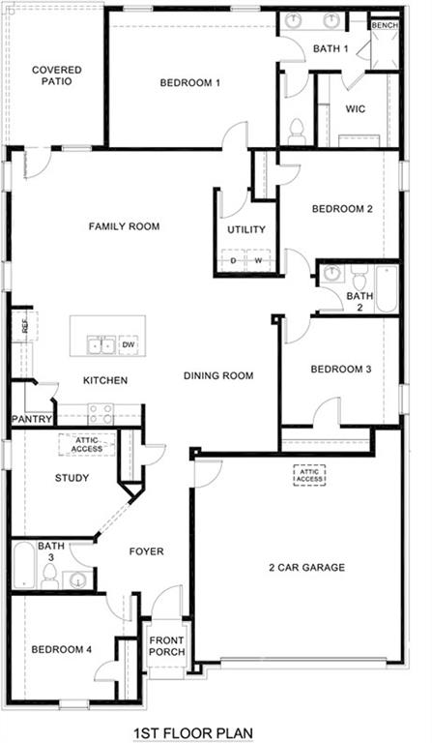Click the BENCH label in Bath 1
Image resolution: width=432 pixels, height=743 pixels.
384,25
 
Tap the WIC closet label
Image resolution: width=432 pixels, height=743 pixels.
356,109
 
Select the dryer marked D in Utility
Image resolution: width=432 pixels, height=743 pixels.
233,260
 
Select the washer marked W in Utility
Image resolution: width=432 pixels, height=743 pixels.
258,260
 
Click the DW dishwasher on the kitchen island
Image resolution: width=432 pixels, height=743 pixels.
129,344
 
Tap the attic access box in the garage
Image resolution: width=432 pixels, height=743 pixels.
309,474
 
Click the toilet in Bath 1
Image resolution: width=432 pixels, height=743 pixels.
297,129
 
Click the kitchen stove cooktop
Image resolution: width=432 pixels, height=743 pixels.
101,413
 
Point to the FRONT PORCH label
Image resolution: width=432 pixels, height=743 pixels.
166,645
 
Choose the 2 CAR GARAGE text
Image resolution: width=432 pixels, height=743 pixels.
306,568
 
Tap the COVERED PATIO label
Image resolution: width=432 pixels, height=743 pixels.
56,75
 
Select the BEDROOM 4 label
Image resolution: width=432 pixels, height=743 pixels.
61,649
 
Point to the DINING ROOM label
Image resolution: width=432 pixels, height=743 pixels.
218,375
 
